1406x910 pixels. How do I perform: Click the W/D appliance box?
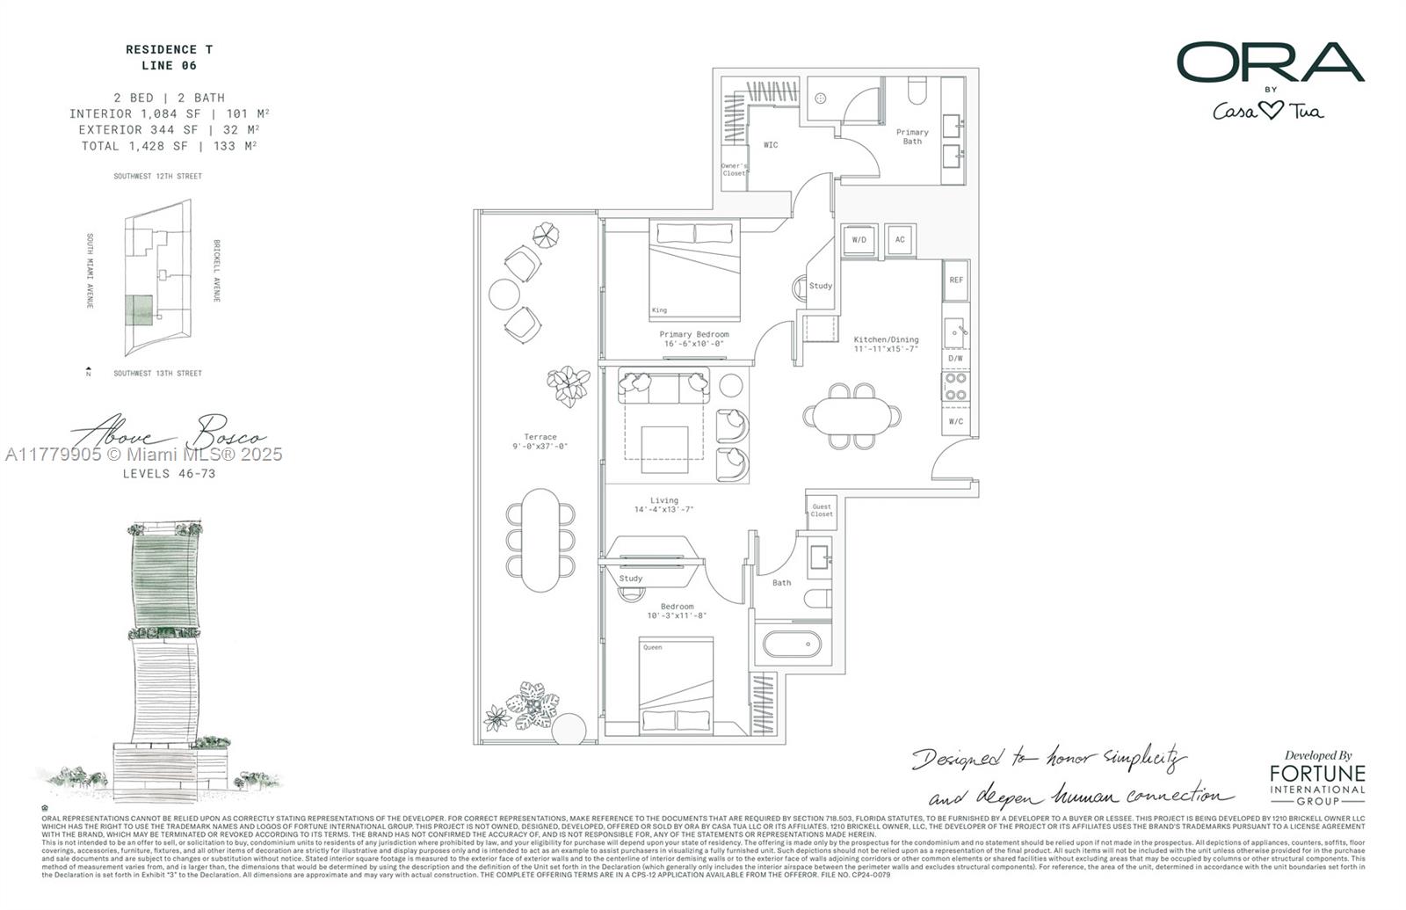[x=859, y=239]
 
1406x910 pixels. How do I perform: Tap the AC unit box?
[x=900, y=239]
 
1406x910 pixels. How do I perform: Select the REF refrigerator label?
[x=956, y=280]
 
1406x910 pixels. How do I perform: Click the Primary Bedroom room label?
[x=694, y=334]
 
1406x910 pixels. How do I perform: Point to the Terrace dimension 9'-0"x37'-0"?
[x=540, y=447]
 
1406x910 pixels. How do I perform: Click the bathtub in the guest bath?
[x=792, y=644]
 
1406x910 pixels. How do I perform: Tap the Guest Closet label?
[x=822, y=510]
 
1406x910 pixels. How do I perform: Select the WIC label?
[x=771, y=145]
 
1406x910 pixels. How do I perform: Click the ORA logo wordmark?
[x=1270, y=63]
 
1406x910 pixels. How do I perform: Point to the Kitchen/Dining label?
[x=886, y=339]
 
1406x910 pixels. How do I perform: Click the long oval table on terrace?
[x=540, y=540]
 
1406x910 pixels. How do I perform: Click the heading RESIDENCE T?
[x=169, y=50]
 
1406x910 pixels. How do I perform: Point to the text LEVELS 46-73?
[x=169, y=474]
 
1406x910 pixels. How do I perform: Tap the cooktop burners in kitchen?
[x=956, y=387]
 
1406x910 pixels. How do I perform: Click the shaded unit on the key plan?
[x=137, y=310]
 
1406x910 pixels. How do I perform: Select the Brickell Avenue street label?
[x=216, y=271]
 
